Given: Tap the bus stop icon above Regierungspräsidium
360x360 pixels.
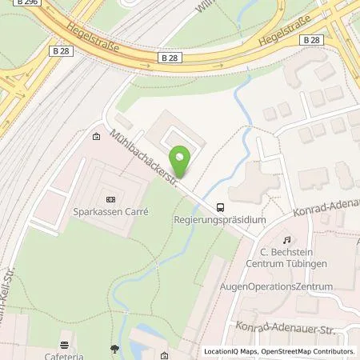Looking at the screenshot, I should pyautogui.click(x=220, y=205).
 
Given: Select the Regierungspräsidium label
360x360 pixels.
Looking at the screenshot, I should pyautogui.click(x=218, y=218).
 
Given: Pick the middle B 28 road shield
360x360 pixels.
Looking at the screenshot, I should pyautogui.click(x=167, y=58).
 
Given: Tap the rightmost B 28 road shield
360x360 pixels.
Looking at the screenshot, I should pyautogui.click(x=314, y=39).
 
